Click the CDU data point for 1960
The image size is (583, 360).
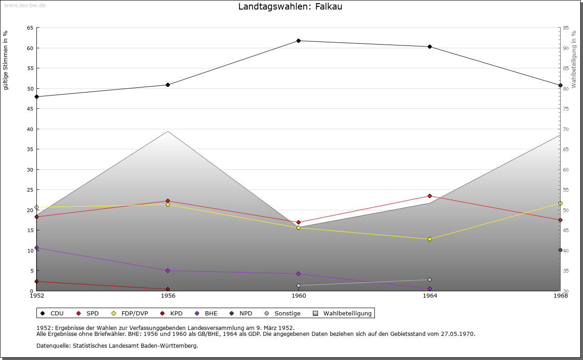click(299, 41)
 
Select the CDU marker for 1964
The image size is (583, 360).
click(430, 47)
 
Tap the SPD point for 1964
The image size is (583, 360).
click(430, 196)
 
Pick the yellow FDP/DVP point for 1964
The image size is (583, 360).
click(430, 239)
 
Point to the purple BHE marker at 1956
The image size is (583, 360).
click(168, 271)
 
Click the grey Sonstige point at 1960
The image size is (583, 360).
click(299, 286)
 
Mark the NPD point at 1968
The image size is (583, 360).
click(560, 250)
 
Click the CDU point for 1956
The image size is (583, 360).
click(168, 85)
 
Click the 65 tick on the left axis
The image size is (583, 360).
click(30, 28)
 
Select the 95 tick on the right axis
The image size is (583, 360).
click(566, 28)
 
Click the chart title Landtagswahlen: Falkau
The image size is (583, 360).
click(290, 7)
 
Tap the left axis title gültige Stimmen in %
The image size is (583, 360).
click(6, 60)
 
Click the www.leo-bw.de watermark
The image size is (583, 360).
click(24, 5)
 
